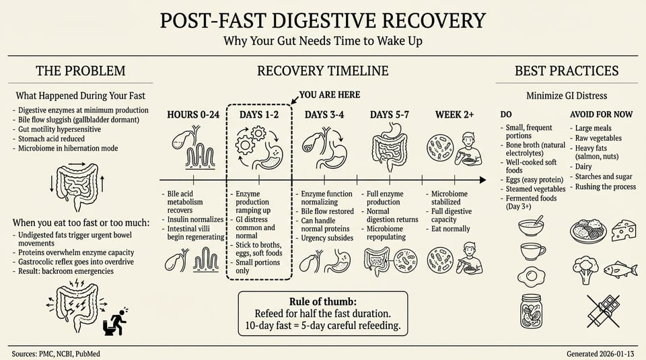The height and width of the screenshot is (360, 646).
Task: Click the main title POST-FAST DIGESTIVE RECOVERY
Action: point(322,20)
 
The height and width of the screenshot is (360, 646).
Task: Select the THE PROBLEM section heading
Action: point(80,71)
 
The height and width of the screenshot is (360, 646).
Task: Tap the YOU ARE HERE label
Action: point(329,95)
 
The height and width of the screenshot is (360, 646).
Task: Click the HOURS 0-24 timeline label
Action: point(193,114)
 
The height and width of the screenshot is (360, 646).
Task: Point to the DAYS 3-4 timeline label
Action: point(324,114)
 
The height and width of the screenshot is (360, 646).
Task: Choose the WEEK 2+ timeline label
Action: point(455,114)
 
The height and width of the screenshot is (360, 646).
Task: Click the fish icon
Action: point(620,270)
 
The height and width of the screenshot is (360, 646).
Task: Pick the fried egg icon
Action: point(532,275)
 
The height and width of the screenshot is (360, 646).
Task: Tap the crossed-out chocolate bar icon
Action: point(603,310)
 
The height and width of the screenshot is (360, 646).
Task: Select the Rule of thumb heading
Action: point(322,301)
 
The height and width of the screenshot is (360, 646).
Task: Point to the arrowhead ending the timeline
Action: point(482,180)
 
